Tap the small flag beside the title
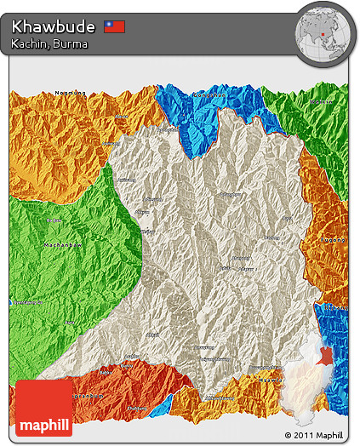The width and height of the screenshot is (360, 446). [114, 26]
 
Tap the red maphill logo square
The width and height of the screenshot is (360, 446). [44, 408]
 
